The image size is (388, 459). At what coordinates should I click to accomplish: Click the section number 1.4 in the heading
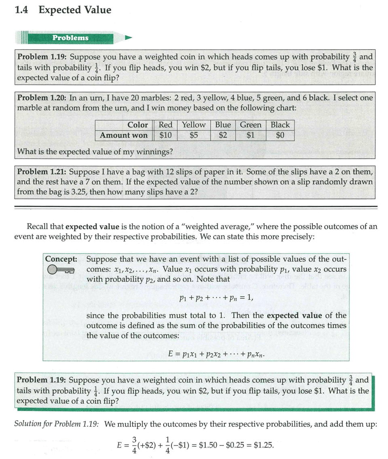click(21, 10)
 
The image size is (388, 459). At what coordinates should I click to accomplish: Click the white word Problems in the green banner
click(70, 38)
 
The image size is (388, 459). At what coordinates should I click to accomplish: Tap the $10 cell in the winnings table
click(165, 135)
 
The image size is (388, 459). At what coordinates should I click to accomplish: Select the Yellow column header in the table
click(194, 125)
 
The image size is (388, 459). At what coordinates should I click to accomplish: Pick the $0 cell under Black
click(280, 135)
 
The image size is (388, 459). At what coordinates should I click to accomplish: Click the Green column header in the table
click(251, 125)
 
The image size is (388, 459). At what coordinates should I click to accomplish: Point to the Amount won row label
click(124, 135)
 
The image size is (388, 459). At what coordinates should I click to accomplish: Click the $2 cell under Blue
click(223, 135)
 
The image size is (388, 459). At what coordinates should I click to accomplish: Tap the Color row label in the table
click(137, 125)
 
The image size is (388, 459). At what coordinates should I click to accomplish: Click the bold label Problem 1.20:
click(42, 97)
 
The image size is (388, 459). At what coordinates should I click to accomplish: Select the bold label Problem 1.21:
click(42, 172)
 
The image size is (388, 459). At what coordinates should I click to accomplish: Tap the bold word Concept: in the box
click(61, 259)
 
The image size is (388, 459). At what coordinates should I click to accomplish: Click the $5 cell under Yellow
click(194, 135)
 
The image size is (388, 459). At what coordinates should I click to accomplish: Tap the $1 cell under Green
click(251, 135)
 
